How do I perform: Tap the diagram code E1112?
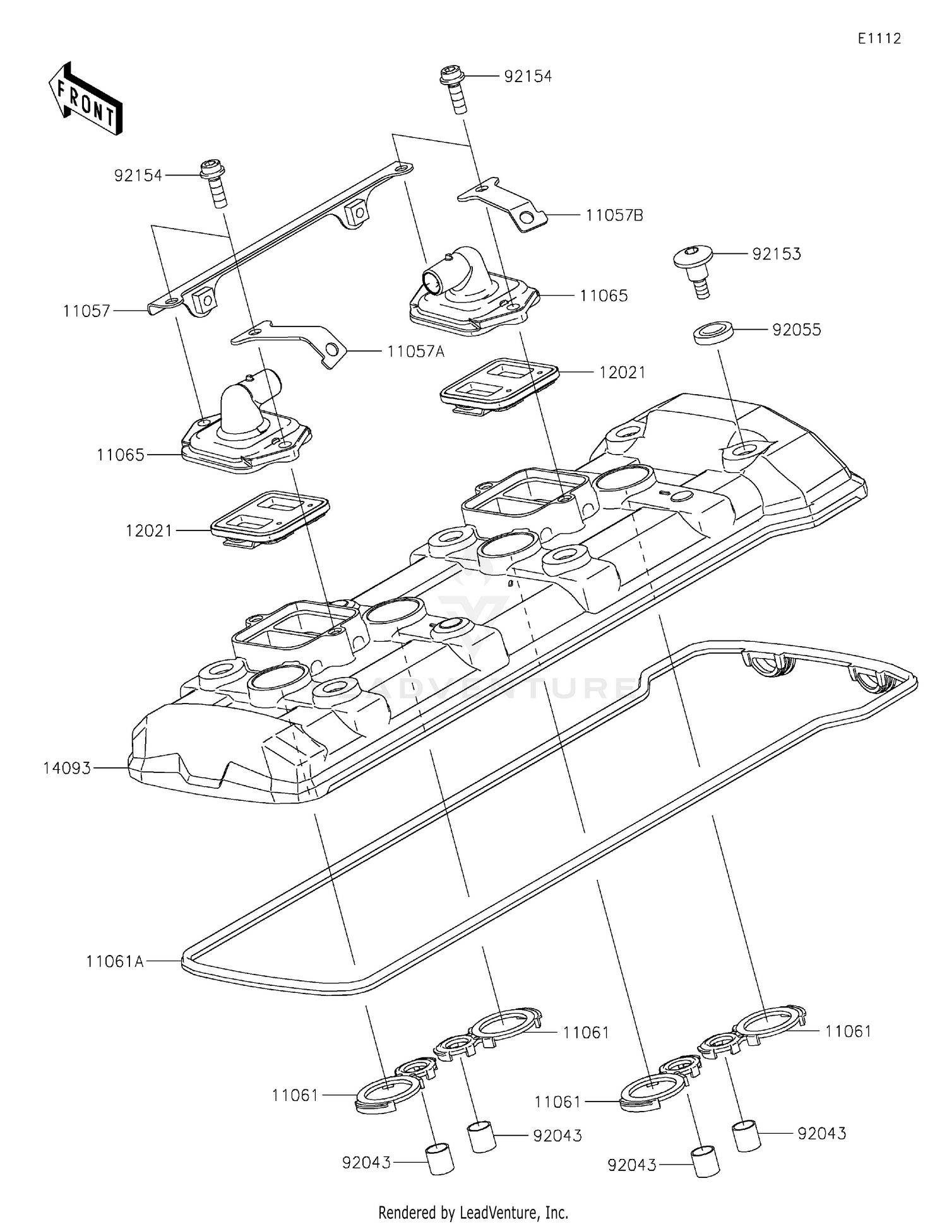(x=879, y=39)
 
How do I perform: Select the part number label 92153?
(x=777, y=254)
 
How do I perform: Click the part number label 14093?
(x=67, y=768)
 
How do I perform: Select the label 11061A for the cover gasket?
(x=115, y=961)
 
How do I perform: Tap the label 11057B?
(x=614, y=215)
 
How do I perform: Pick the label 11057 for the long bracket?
(x=86, y=311)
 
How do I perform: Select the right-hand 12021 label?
(x=622, y=373)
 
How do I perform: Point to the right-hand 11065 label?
(x=604, y=296)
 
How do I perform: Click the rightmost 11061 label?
(x=848, y=1031)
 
